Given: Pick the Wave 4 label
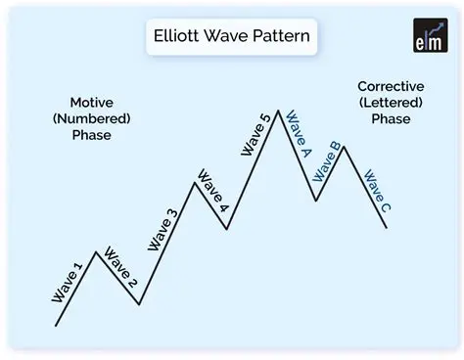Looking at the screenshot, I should [x=212, y=193].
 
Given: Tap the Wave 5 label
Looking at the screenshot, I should [x=255, y=135].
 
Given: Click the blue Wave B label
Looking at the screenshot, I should [x=325, y=161].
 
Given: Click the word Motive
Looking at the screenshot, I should [x=91, y=102].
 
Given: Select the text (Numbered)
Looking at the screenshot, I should [x=91, y=118].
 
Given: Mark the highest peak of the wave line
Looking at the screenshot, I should [x=279, y=110].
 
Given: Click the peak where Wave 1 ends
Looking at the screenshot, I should [x=95, y=251].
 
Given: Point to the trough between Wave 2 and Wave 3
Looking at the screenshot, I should [x=139, y=304].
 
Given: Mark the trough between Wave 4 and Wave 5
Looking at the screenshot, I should [x=227, y=229].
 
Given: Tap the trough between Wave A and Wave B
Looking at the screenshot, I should [x=316, y=201].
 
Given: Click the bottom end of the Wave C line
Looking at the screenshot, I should [x=387, y=228].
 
